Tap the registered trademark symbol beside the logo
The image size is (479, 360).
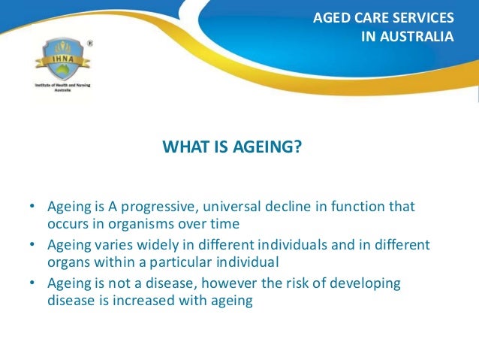tap(90, 44)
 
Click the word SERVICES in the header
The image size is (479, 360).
tap(423, 18)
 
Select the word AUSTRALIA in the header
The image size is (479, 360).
tap(417, 36)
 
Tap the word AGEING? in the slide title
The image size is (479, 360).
tap(267, 147)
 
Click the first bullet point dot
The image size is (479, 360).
tap(32, 206)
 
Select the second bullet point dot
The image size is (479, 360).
tap(32, 244)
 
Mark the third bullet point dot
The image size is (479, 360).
tap(32, 283)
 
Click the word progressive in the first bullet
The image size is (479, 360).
tap(161, 207)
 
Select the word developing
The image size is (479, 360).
tap(365, 284)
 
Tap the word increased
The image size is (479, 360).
tap(144, 301)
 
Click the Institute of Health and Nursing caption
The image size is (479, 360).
tap(62, 87)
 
